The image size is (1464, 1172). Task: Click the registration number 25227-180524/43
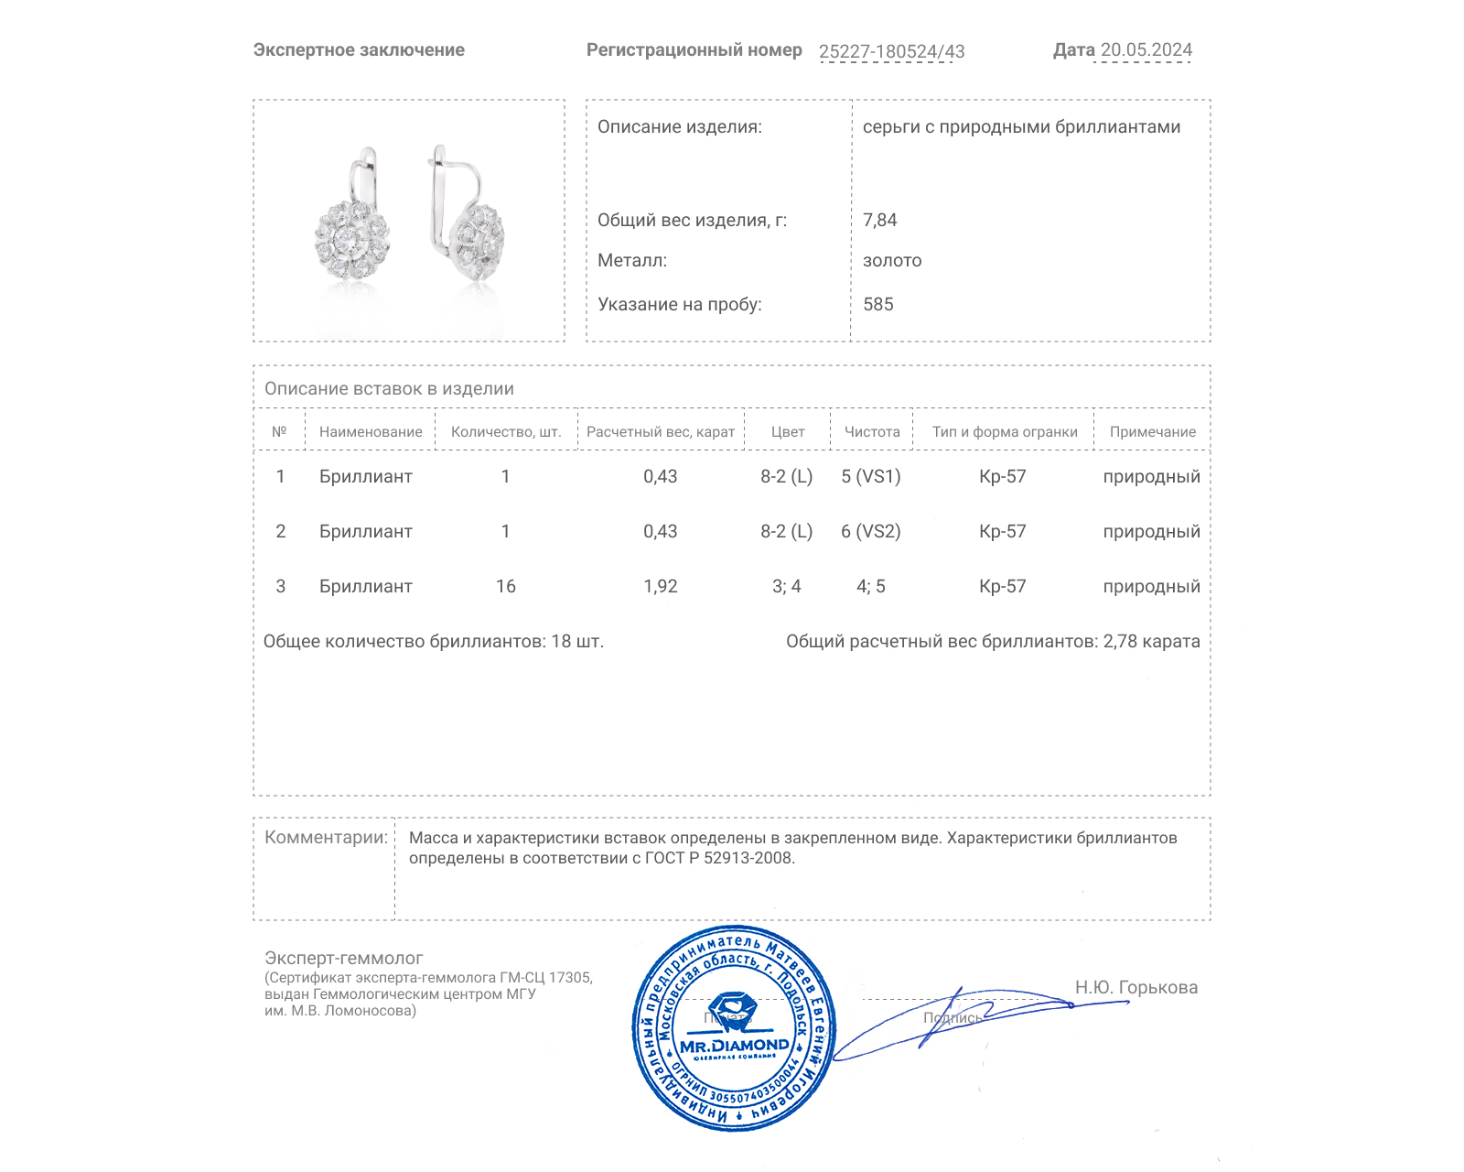[x=891, y=51]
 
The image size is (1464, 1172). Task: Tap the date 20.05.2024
[x=1146, y=50]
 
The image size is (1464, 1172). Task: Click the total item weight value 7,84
[x=879, y=220]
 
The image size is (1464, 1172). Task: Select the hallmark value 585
[x=877, y=304]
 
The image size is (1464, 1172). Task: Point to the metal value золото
[x=891, y=260]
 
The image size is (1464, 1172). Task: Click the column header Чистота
[x=871, y=432]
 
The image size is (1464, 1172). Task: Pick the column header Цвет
[x=787, y=432]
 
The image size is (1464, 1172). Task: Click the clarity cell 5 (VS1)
[x=870, y=476]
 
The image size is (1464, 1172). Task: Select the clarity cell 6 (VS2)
[x=870, y=531]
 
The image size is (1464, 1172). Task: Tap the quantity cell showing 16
[x=505, y=586]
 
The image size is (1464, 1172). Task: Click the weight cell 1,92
[x=660, y=586]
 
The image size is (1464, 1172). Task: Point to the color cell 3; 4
[x=786, y=586]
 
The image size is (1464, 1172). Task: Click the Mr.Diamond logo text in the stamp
[x=734, y=1045]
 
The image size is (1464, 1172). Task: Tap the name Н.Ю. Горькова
[x=1136, y=987]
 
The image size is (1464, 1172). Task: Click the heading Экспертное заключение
[x=359, y=50]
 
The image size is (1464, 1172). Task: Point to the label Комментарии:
[x=326, y=837]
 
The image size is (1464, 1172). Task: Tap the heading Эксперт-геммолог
[x=343, y=958]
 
